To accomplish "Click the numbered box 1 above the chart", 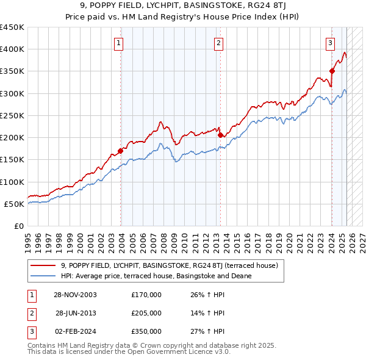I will pyautogui.click(x=118, y=43).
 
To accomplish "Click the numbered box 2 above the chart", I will pyautogui.click(x=218, y=43).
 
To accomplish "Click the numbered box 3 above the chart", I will pyautogui.click(x=330, y=43).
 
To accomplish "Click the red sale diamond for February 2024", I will pyautogui.click(x=332, y=71).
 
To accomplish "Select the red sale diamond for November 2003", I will pyautogui.click(x=121, y=151).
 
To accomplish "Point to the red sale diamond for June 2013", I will pyautogui.click(x=220, y=135).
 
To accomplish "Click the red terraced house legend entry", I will pyautogui.click(x=169, y=265).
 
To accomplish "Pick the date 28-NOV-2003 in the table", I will pyautogui.click(x=76, y=295).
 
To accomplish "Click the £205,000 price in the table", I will pyautogui.click(x=146, y=313).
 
